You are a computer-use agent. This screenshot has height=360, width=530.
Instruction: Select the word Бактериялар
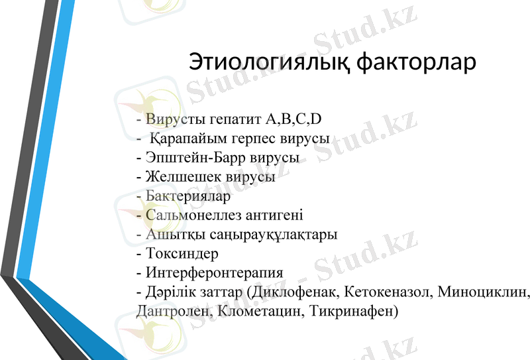click(x=188, y=196)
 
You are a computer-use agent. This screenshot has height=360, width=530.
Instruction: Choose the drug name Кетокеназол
click(x=388, y=292)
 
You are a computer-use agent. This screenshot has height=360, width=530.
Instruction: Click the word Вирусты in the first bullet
click(x=169, y=120)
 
